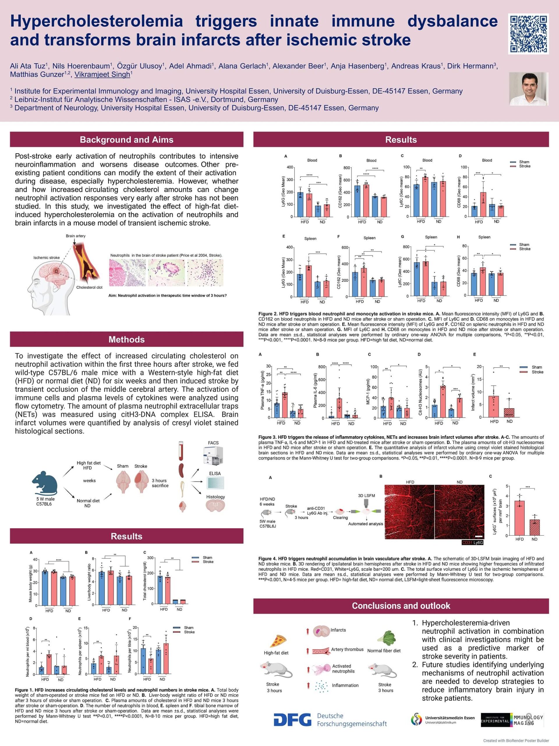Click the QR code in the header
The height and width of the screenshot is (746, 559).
528,34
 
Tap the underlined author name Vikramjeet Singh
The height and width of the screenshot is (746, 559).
102,75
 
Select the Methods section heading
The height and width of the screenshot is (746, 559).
126,339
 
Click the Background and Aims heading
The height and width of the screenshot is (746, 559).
126,140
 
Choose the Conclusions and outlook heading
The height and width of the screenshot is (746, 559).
401,606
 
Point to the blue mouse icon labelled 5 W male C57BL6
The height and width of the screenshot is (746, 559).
45,483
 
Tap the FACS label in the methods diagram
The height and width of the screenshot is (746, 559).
213,443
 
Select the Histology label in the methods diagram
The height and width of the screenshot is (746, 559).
215,497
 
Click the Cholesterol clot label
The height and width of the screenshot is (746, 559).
89,287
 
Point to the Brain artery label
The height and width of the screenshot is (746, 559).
75,236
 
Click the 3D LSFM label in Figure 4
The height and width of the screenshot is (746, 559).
366,495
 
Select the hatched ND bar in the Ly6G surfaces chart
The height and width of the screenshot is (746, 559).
535,527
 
